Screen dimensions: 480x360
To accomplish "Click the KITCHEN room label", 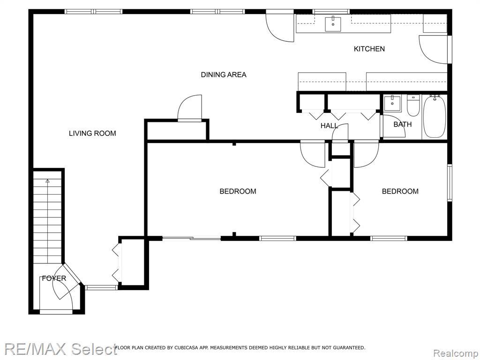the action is click(x=369, y=49).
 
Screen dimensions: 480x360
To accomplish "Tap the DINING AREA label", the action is click(x=224, y=75).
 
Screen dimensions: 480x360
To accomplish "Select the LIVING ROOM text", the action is click(x=92, y=133).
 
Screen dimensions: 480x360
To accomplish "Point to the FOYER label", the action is click(x=54, y=278).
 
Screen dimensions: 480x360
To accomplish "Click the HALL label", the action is click(x=330, y=126).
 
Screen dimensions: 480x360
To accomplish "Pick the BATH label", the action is click(x=403, y=124).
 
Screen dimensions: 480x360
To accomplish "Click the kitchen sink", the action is click(x=333, y=24).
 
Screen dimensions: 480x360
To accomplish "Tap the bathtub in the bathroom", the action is click(x=435, y=116).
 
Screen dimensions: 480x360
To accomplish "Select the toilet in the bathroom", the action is click(x=413, y=105).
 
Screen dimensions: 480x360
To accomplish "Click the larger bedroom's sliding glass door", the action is click(x=192, y=238).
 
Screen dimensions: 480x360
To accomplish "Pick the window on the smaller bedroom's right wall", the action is click(x=450, y=183).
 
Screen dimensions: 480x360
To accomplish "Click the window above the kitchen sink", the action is click(x=331, y=12).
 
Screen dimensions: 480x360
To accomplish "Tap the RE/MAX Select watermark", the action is click(x=60, y=349).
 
